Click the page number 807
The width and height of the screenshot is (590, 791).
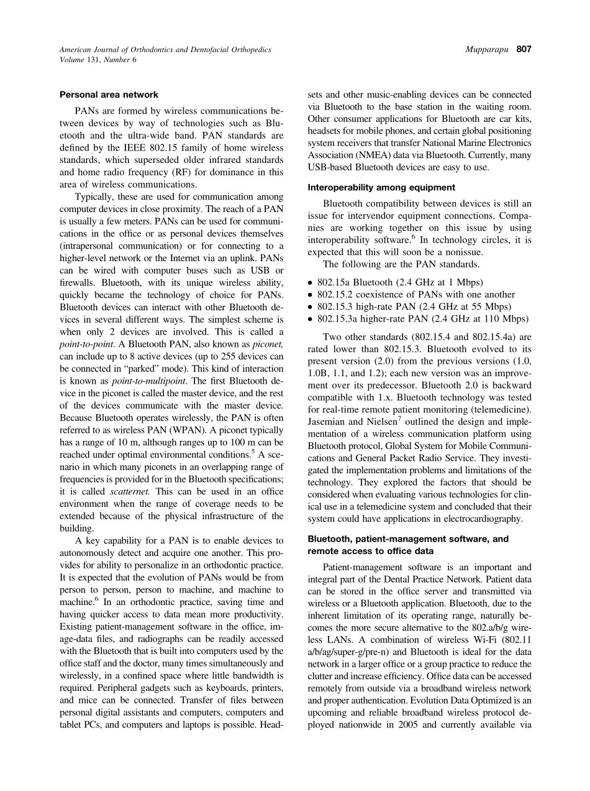[524, 50]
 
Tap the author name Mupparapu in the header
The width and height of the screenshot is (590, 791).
[488, 50]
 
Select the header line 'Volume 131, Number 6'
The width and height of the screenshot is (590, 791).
[98, 60]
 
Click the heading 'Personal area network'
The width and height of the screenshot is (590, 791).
[109, 95]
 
